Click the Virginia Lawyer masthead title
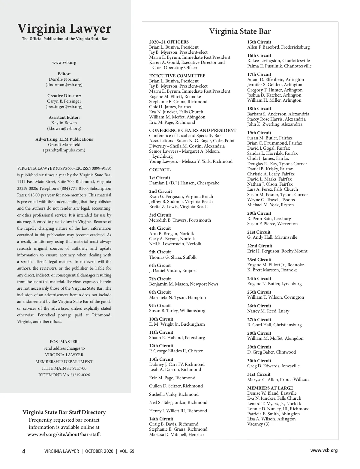[64, 29]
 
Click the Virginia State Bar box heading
[240, 31]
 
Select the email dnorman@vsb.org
[64, 85]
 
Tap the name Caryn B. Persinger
[64, 101]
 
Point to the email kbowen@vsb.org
[64, 128]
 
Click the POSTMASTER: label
[64, 342]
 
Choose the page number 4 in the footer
[24, 451]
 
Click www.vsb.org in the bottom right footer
[324, 450]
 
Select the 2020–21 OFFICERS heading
[169, 42]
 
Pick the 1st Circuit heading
[160, 178]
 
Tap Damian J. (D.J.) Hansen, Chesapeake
[184, 183]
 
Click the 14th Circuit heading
[161, 419]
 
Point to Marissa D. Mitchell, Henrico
[176, 435]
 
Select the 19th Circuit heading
[259, 133]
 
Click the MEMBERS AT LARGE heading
[270, 388]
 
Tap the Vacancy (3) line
[258, 424]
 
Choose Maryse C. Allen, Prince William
[278, 379]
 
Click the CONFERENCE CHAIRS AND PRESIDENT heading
[193, 130]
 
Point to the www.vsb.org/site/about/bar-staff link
[64, 434]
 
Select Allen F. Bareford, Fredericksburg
[278, 47]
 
